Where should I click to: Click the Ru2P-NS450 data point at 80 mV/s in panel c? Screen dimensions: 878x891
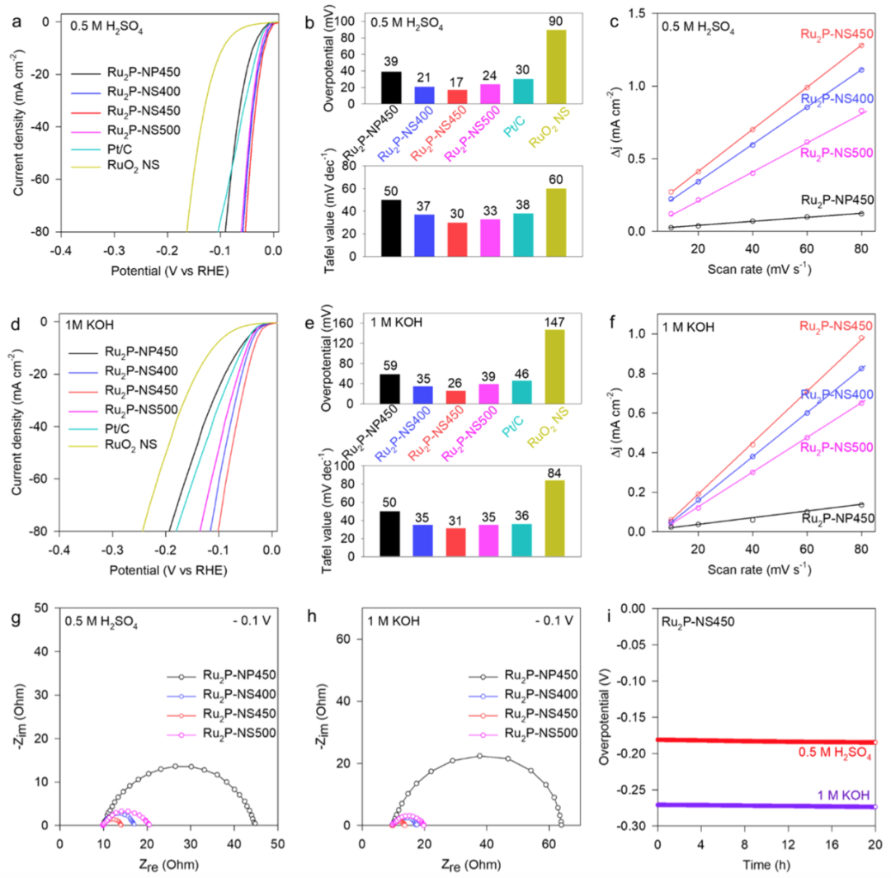(860, 45)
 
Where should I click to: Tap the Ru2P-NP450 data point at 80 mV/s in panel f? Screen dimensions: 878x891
(860, 504)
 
